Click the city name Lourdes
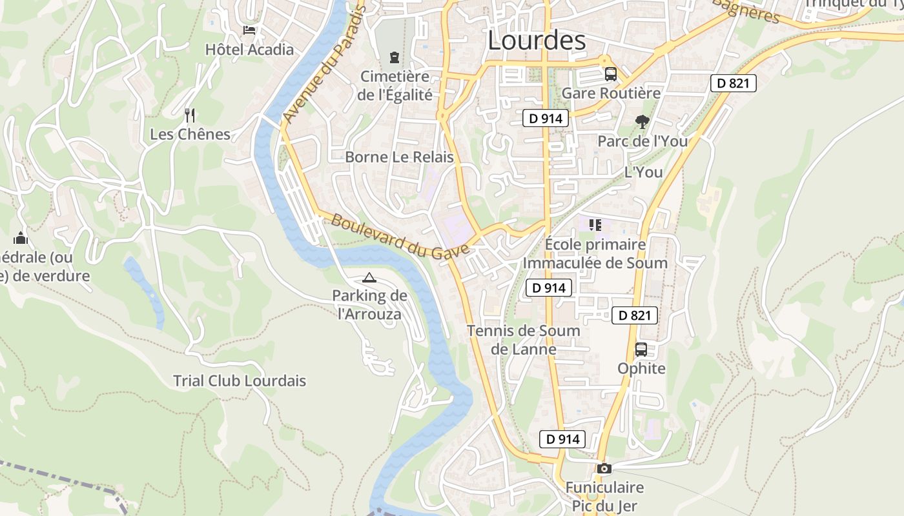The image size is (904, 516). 537,40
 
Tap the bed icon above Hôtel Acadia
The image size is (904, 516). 249,30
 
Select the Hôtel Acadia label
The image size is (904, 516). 249,50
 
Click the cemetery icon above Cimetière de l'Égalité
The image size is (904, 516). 394,58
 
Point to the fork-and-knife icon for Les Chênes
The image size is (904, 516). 190,115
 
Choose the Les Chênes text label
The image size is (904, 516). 190,134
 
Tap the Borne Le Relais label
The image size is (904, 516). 399,157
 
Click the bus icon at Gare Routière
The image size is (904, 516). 611,74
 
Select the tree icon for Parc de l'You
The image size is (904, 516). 642,121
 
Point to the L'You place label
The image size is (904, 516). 643,172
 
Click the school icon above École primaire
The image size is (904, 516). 595,225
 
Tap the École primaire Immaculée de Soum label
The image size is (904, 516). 595,253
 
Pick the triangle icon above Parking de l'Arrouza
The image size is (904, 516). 369,278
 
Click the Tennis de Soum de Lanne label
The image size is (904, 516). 524,340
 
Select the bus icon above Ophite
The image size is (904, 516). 641,350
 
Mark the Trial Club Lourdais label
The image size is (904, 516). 240,381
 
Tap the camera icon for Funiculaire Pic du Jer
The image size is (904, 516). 604,469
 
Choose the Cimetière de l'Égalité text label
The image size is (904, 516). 395,85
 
